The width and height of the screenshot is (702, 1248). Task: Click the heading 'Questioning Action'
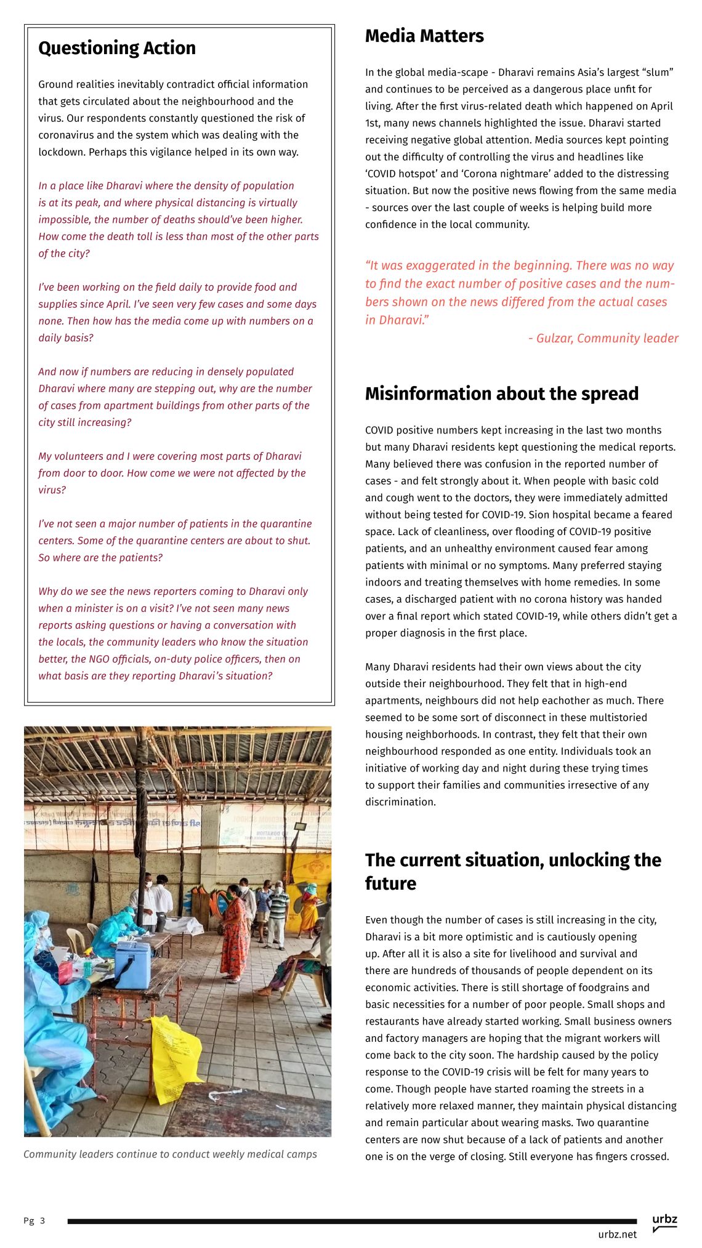coord(117,48)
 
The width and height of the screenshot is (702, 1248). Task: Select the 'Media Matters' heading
coord(424,36)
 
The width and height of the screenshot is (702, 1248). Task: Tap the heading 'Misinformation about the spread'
coord(501,393)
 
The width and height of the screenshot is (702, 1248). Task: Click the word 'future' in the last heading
coord(390,884)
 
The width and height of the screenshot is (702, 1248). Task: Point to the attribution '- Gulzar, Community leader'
coord(603,338)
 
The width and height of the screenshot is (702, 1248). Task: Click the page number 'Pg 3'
coord(34,1221)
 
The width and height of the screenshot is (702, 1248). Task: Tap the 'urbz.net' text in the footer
coord(617,1234)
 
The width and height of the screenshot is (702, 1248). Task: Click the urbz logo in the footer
coord(664,1222)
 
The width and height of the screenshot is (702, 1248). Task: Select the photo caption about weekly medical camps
coord(170,1154)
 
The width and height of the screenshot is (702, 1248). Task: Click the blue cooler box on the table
coord(132,964)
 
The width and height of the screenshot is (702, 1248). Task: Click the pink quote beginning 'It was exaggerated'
coord(519,292)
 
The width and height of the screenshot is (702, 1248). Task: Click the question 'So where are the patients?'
coord(100,558)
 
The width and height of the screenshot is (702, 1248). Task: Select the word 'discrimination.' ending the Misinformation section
coord(400,802)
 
